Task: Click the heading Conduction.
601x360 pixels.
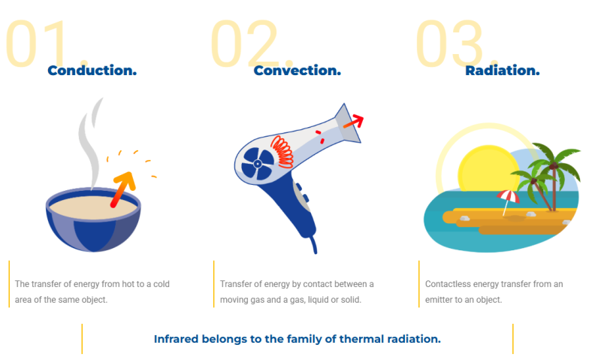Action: [x=92, y=71]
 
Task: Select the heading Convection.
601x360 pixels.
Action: [x=297, y=71]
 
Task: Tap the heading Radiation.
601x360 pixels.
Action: [x=502, y=71]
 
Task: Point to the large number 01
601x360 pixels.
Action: [x=45, y=44]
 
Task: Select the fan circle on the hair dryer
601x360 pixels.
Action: [x=256, y=163]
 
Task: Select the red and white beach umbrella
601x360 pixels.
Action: [x=508, y=198]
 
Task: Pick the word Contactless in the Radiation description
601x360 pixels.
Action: [x=449, y=284]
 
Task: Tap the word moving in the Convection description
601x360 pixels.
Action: [x=236, y=300]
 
